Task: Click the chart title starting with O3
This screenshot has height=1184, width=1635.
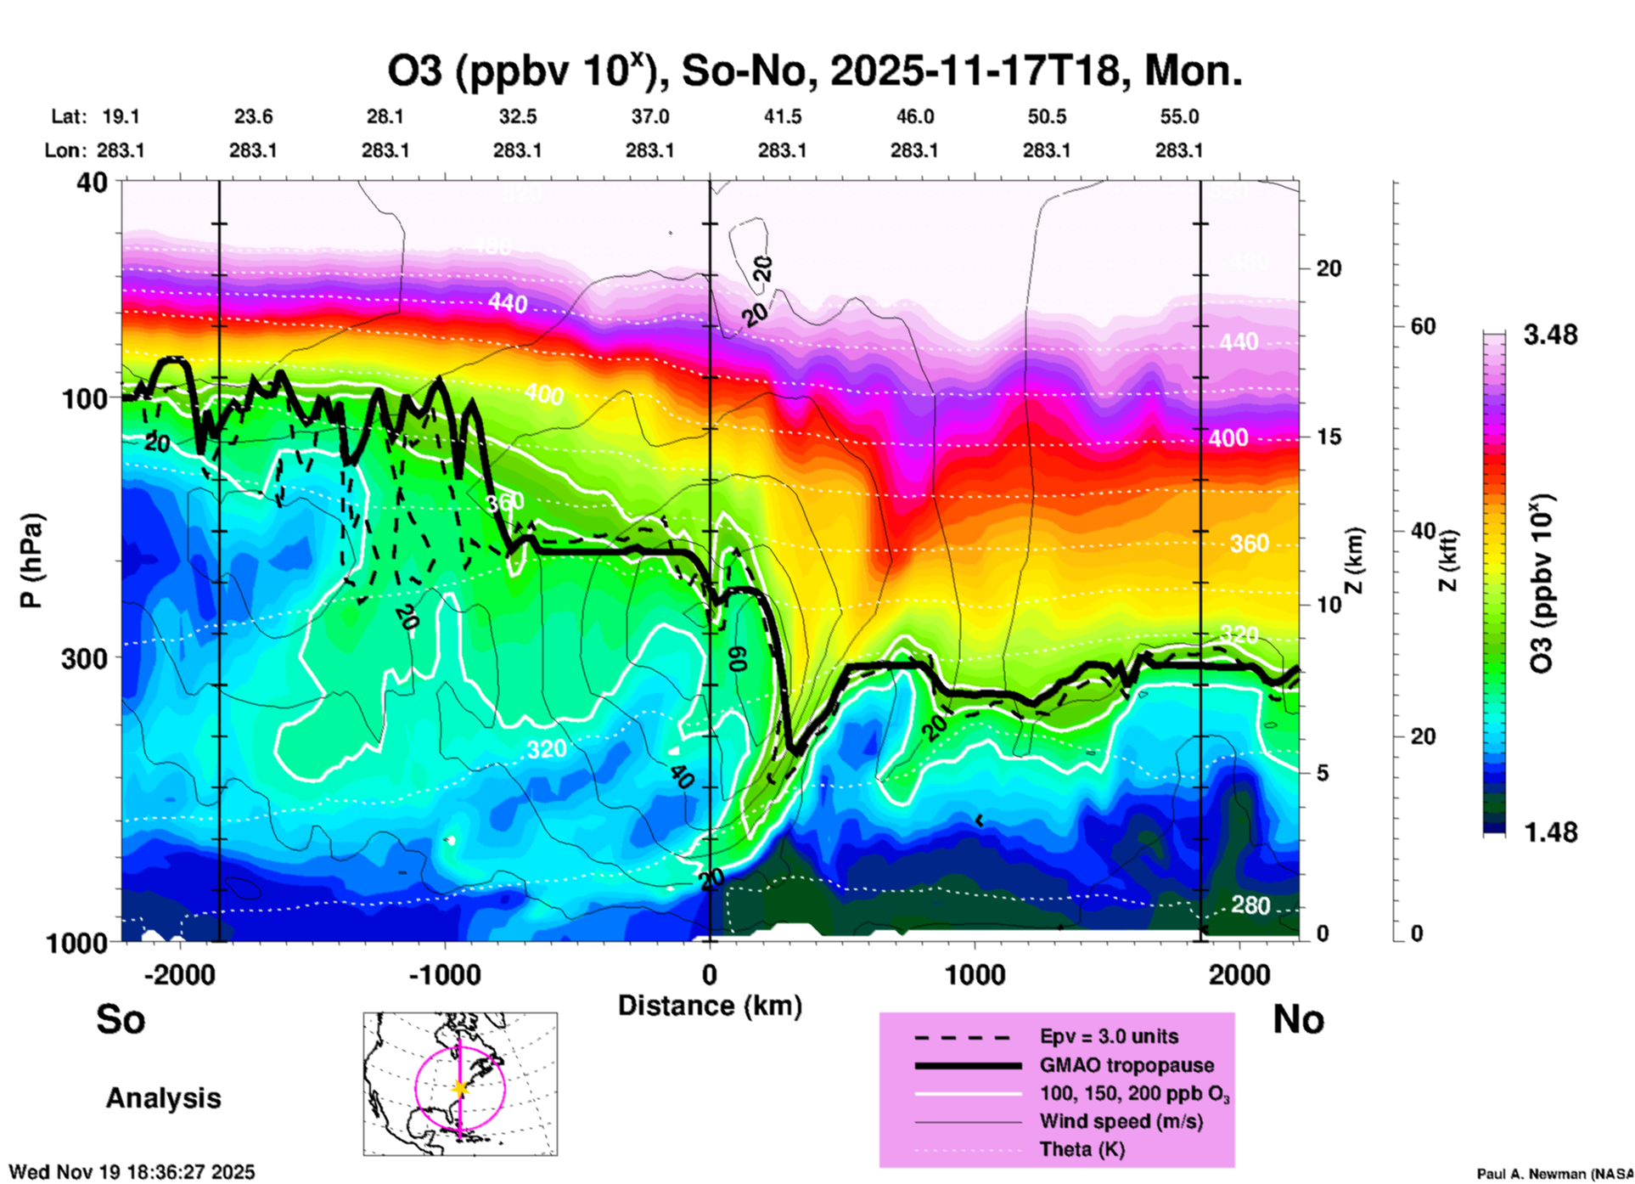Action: coord(815,71)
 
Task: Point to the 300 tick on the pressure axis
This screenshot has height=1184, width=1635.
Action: coord(85,658)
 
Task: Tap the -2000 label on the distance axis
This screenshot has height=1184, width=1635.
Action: coord(180,974)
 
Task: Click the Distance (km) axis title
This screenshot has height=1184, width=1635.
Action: coord(710,1006)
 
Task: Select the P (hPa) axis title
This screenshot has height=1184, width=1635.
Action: coord(31,561)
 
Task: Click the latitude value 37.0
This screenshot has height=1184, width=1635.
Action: coord(649,116)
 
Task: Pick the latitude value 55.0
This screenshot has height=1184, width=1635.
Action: coord(1179,116)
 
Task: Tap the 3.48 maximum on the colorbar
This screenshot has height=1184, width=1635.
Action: coord(1550,335)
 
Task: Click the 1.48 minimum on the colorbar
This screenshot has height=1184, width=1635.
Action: coord(1550,832)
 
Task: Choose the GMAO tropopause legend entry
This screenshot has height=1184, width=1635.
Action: coord(1127,1065)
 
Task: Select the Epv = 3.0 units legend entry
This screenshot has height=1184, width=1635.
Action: coord(1109,1036)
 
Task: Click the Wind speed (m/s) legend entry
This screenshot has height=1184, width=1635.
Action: coord(1121,1121)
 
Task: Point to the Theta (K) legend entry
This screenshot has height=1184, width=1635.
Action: coord(1082,1149)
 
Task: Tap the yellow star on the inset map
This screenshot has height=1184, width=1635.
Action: coord(460,1088)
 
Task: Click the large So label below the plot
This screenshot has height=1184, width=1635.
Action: coord(121,1019)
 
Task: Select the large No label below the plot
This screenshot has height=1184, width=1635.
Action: coord(1298,1019)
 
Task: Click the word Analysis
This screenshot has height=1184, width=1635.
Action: coord(163,1098)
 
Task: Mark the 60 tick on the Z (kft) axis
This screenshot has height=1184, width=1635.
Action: coord(1423,326)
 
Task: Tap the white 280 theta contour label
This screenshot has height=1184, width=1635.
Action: coord(1250,905)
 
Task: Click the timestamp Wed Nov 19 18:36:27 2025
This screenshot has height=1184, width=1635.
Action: coord(132,1172)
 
